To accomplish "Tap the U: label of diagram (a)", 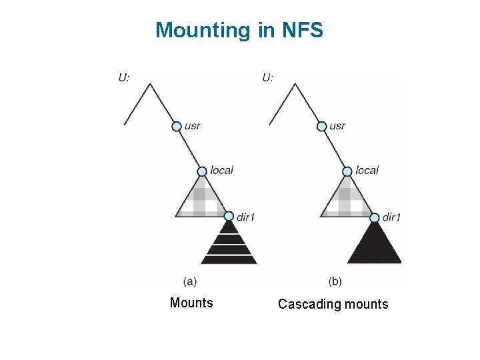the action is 124,77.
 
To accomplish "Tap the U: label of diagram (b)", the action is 267,77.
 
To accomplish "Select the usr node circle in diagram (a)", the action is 177,126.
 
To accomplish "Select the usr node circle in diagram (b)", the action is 321,126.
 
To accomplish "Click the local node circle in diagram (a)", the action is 203,171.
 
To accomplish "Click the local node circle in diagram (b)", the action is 347,171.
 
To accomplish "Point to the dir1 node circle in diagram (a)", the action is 229,216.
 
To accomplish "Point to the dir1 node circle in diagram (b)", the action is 374,217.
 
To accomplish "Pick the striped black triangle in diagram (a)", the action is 229,245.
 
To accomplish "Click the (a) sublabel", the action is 189,281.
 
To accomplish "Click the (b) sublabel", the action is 335,281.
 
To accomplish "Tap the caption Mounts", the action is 191,303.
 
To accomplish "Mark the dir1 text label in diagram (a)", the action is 245,217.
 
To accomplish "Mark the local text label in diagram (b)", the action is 367,171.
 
